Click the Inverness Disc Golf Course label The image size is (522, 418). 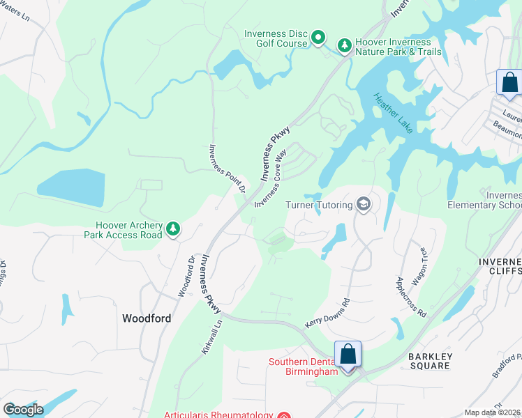[x=276, y=38]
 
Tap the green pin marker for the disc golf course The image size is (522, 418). [x=318, y=37]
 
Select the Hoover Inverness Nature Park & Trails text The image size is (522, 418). [x=398, y=47]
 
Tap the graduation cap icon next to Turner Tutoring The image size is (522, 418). [x=363, y=204]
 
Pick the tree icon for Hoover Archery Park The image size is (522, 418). [x=173, y=229]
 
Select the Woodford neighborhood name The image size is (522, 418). [x=147, y=318]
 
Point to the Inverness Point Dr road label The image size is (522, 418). [x=228, y=168]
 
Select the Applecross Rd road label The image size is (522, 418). [x=411, y=297]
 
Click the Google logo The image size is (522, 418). [x=23, y=410]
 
